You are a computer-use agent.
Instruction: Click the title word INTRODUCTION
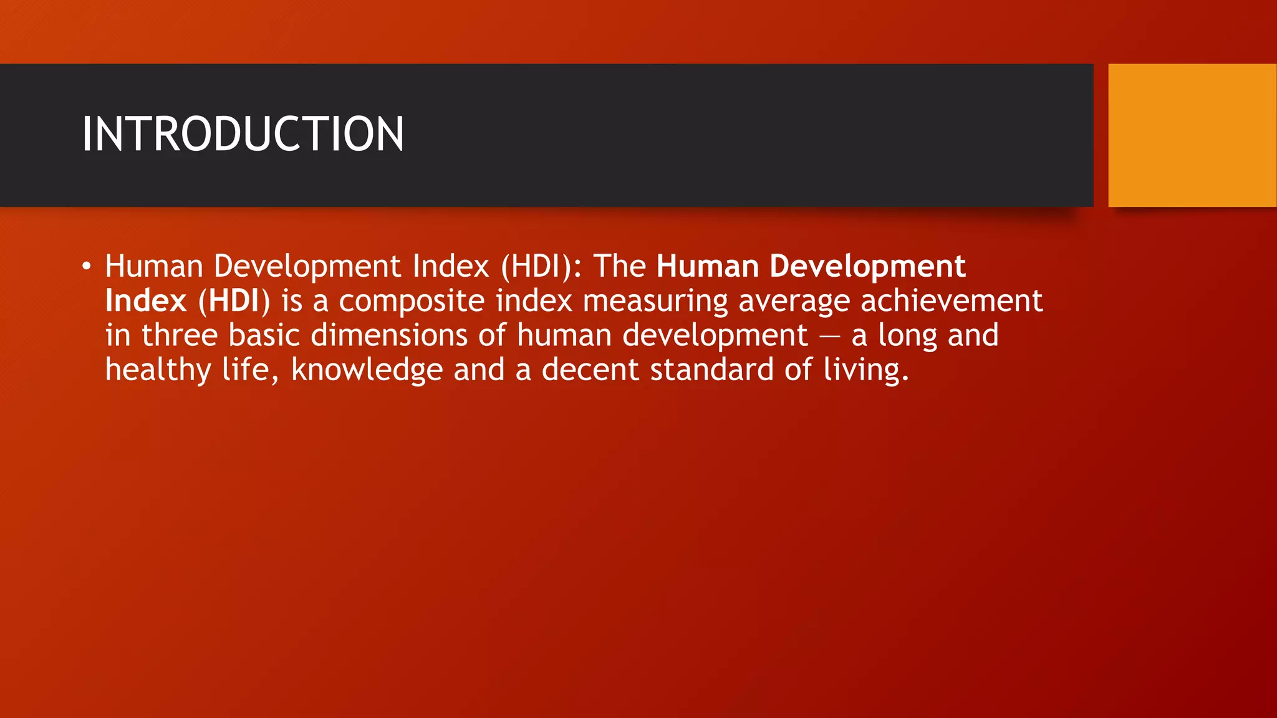pos(243,134)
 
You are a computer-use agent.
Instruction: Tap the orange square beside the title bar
pos(1192,135)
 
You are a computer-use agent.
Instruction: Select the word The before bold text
pos(619,267)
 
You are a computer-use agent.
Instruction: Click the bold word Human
pos(707,267)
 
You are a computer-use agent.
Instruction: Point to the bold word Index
pos(146,301)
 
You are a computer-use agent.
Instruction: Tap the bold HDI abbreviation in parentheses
pos(234,301)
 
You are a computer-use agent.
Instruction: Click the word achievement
pos(952,301)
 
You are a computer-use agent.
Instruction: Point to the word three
pos(180,335)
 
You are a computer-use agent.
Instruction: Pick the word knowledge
pos(367,370)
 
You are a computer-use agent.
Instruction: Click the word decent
pos(590,370)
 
